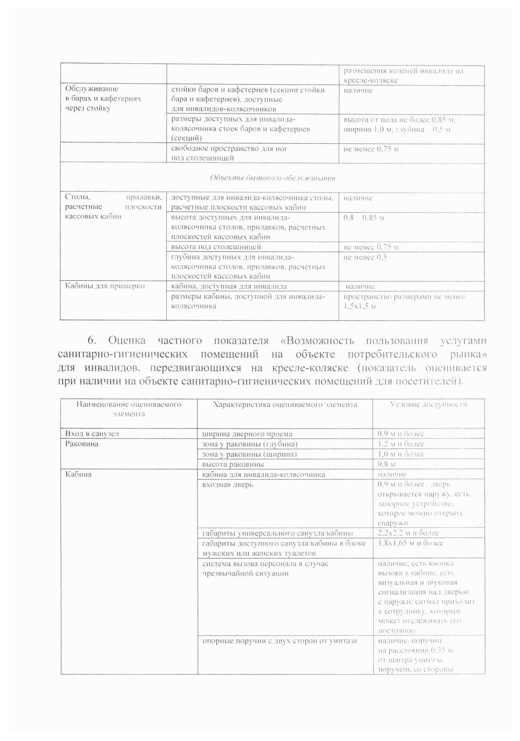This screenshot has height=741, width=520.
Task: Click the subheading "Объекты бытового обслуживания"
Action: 272,178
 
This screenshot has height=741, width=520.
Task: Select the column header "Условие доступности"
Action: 428,405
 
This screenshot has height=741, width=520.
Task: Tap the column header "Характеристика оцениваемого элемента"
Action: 285,405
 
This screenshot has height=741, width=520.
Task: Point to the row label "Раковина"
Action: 82,444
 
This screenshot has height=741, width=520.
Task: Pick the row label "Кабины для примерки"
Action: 105,286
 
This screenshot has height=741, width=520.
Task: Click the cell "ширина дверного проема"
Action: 247,434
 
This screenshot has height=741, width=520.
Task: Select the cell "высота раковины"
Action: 233,464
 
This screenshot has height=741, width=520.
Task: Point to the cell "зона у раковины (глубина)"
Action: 249,444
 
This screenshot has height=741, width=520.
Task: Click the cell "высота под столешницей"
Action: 216,247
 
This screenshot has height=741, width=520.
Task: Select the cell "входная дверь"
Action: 227,485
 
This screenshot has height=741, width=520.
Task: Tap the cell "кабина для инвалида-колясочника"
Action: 263,475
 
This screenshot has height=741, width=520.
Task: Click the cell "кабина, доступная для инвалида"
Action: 229,286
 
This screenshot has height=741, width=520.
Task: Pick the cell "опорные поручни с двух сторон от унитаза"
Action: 279,641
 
